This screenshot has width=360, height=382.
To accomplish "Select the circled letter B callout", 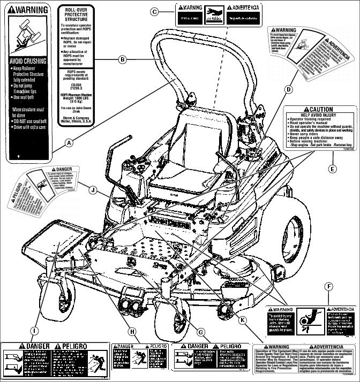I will tap(123, 59).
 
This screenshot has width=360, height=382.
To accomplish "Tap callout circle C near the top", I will tap(154, 11).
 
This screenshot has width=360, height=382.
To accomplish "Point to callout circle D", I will tap(289, 89).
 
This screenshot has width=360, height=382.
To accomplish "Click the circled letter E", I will tap(332, 169).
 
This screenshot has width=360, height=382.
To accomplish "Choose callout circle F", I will tap(330, 287).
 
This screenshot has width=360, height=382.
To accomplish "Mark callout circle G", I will tap(201, 331).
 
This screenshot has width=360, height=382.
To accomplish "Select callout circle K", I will tap(243, 320).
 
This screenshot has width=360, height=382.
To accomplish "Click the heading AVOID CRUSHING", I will tap(28, 62).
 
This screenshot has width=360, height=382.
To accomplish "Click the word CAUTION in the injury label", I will tap(321, 110).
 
